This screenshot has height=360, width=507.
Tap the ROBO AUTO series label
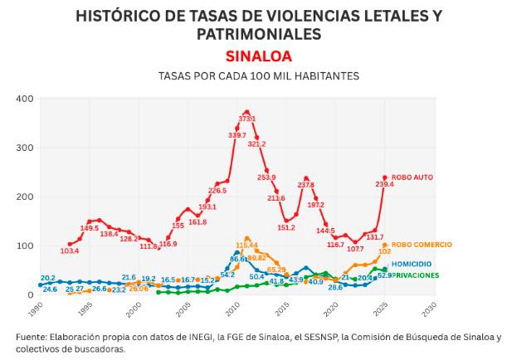coord(413,178)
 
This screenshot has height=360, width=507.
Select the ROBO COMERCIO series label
coord(422,245)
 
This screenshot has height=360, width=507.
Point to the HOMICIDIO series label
coord(412,263)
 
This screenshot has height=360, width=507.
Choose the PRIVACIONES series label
coord(416,275)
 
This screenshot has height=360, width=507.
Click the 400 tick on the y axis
coord(25,99)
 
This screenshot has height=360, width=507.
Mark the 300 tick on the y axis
coord(25,148)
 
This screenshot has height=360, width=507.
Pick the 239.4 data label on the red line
coord(385,185)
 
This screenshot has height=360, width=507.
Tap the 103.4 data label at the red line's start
coord(71,251)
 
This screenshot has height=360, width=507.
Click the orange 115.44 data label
coord(247,246)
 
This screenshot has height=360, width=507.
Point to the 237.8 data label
coord(306,185)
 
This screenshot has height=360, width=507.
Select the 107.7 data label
coord(355,249)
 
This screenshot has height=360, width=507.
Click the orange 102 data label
coord(385,251)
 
